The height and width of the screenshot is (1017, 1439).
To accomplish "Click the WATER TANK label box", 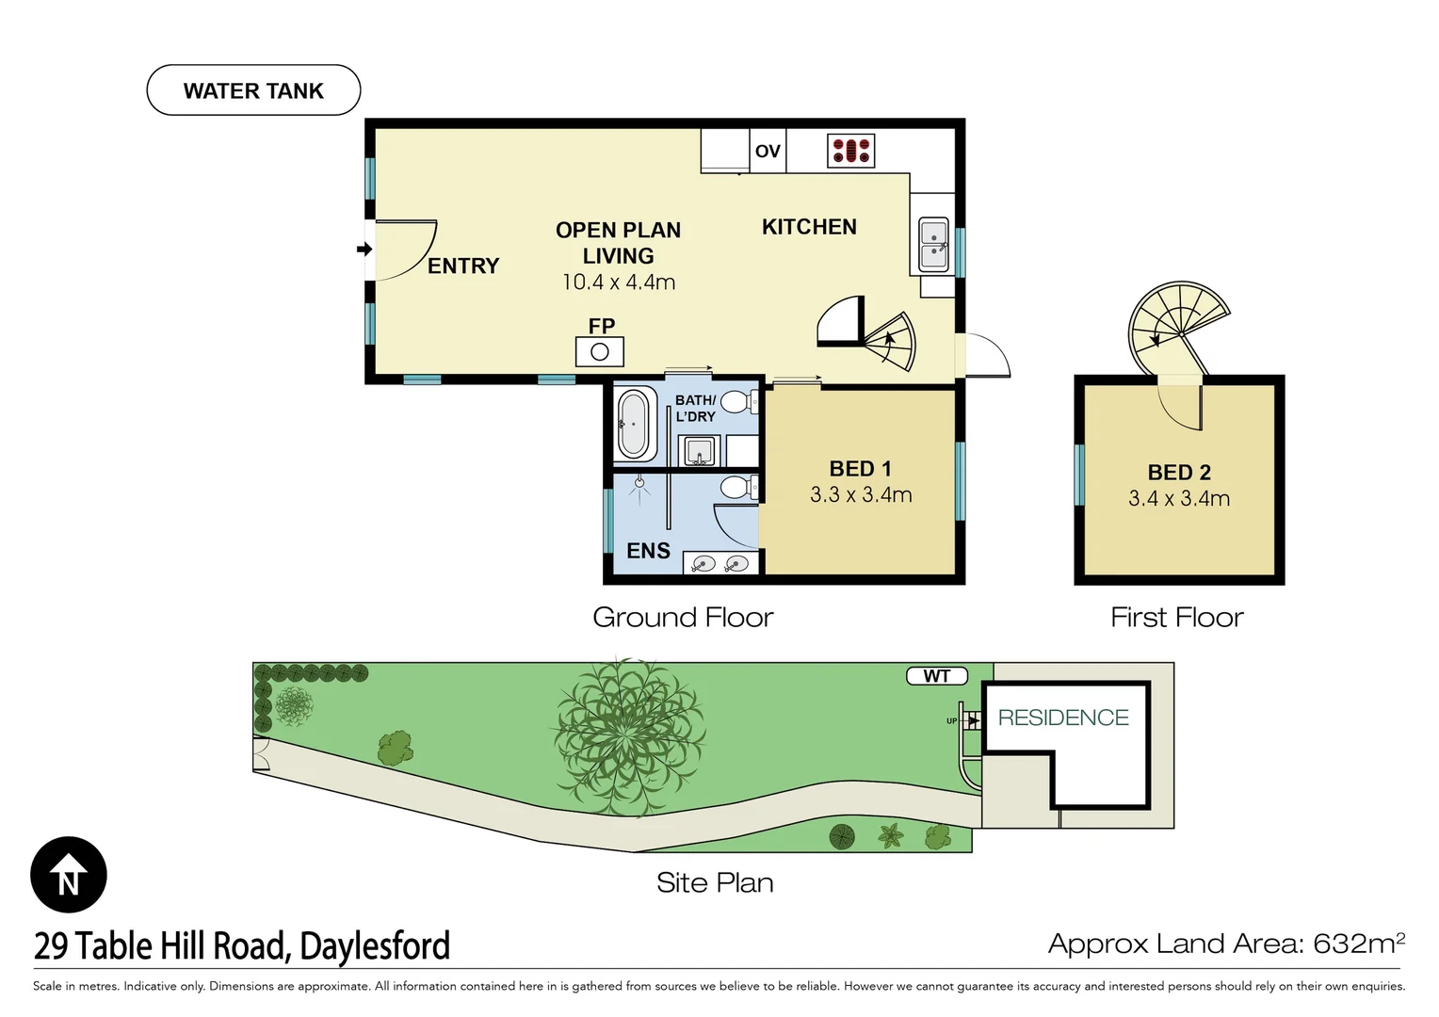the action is coord(253,90).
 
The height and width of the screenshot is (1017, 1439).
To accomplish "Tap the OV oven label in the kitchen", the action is coord(768,151).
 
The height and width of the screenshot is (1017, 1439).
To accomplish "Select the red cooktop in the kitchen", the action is coord(851,151).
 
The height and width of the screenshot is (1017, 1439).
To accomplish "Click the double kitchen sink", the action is coord(933,245).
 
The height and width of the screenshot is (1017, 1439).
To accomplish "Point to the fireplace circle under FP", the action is coord(599,352).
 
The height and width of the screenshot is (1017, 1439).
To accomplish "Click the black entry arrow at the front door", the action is coord(364,249).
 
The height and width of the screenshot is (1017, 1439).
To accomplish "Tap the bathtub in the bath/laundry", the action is coord(634,425).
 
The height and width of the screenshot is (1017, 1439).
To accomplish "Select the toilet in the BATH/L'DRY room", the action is coord(739,403).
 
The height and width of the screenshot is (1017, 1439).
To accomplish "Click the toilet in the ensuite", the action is coord(739,488).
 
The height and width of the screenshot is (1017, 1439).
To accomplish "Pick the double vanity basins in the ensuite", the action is coord(720,564).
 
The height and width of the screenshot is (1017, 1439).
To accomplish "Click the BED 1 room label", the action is coord(860,469).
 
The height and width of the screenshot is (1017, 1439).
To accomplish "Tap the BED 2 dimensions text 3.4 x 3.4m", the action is coord(1179,498).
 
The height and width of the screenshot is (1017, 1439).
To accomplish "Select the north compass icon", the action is coord(69,875).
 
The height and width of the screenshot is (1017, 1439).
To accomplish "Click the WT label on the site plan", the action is coord(937,676).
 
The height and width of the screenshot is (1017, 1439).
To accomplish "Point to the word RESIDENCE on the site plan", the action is coord(1063,717).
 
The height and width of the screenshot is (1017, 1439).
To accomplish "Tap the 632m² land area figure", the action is coord(1359,944).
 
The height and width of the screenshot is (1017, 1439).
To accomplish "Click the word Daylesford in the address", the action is coord(375,945).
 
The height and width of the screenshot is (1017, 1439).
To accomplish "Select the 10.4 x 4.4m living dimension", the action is coord(619,282).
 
